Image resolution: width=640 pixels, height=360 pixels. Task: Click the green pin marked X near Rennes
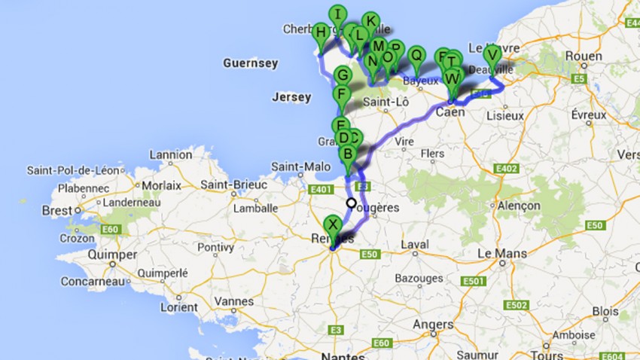[x=332, y=224]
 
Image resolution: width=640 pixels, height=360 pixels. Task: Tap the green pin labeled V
[x=492, y=55]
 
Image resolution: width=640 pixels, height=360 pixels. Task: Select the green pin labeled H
[x=321, y=32]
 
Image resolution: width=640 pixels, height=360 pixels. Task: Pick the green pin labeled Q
[x=415, y=54]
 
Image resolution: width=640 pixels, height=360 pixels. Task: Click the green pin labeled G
[x=342, y=76]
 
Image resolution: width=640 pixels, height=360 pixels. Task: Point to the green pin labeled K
[x=370, y=21]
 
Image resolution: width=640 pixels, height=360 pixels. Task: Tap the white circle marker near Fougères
[x=351, y=203]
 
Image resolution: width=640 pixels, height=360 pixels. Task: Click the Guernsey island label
[x=251, y=64]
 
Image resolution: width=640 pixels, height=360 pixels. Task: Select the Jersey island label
[x=291, y=97]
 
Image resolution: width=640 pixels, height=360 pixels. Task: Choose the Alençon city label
[x=520, y=206]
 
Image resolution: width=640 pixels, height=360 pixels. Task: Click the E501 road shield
[x=474, y=281]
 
